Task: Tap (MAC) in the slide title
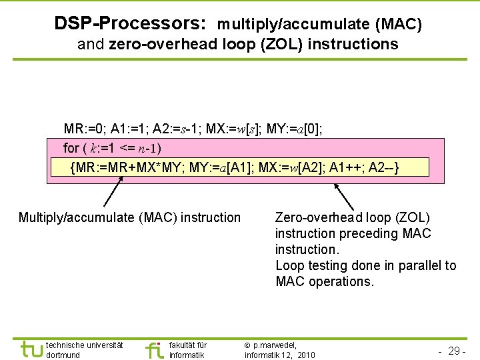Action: coord(398,25)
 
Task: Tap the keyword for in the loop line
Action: coord(71,147)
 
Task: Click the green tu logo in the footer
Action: coord(31,349)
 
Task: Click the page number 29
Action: coord(455,350)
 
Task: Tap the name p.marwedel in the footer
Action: coord(275,345)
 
